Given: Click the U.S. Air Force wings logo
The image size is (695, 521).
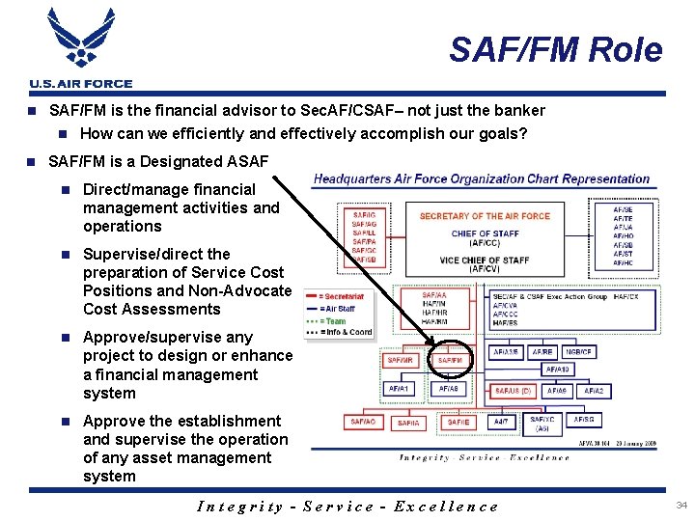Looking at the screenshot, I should coord(80,41).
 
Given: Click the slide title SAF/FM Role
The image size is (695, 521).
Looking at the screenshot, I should coord(556,49).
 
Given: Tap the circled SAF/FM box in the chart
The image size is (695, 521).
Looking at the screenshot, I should coord(450,360).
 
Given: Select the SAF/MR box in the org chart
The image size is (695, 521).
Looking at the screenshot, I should coord(400,360).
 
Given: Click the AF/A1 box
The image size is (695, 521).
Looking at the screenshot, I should coord(399,389).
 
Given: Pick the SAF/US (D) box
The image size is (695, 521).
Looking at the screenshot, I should coord(513,391).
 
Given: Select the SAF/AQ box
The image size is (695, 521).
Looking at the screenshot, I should coord(363,422).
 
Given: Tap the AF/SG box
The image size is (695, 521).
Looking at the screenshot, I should coord(584,421).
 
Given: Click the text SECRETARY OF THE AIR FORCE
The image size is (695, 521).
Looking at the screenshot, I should coord(485,216).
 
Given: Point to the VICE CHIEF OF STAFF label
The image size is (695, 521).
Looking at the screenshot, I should coord(484,260).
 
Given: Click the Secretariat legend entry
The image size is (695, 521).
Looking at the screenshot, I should coord(344,297).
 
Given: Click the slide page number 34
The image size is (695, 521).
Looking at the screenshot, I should coord(681,506).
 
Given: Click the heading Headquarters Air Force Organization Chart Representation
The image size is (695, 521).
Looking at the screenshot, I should coord(482,179).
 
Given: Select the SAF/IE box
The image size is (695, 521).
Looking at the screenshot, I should coord(459,422).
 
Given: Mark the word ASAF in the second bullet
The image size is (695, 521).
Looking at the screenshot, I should coord(246,161).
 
